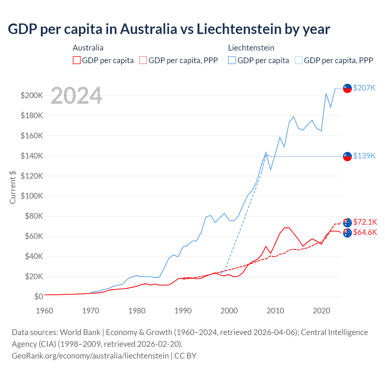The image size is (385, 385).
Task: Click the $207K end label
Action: pos(364,88)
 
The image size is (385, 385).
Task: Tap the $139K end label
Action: pos(364,156)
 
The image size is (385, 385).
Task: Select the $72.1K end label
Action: pos(365,222)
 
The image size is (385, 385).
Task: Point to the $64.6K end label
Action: pos(365,232)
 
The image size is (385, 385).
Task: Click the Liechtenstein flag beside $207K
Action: pos(347,88)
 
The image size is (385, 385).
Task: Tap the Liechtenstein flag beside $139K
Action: pos(347,156)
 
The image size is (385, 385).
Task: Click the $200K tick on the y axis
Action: pos(32,96)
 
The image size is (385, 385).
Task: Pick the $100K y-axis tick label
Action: pos(32,196)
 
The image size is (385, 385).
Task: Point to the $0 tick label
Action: pos(38,297)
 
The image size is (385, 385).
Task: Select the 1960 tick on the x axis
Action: pos(45,311)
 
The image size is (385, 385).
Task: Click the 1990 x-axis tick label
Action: pos(183,311)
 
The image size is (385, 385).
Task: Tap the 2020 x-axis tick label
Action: pos(322,311)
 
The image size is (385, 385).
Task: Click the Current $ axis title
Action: pos(13,187)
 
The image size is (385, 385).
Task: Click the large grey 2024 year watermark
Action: pos(76,96)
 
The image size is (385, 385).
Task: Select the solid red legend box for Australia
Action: pos(77,60)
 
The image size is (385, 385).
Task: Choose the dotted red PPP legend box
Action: pos(143,60)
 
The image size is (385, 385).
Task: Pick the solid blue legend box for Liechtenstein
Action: pos(232,60)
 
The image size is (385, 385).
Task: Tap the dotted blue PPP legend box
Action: pos(299,60)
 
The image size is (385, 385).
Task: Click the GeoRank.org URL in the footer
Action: pos(90,356)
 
